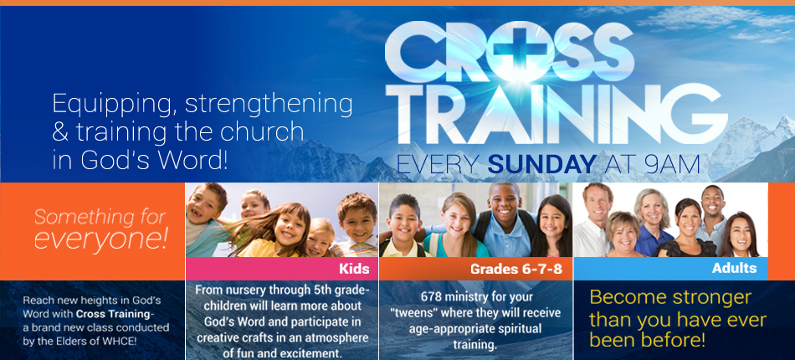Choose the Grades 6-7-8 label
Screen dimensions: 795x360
516,269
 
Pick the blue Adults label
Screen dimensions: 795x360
734,268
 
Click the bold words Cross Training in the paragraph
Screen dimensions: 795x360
113,314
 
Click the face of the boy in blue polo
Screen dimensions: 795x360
504,203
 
